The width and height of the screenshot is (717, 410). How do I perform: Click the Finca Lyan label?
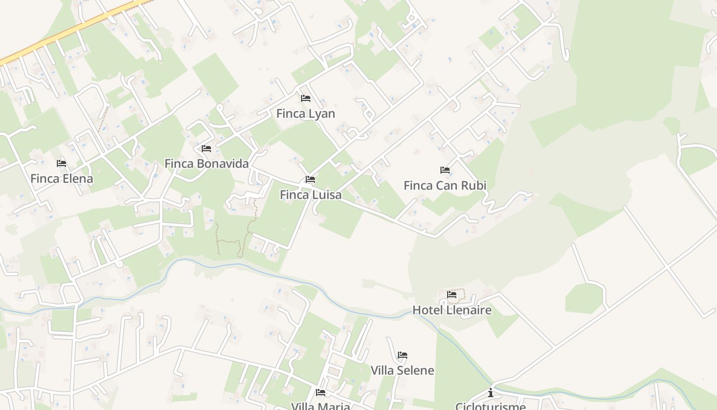(x=305, y=114)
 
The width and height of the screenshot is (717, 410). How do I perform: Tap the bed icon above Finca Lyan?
(x=306, y=98)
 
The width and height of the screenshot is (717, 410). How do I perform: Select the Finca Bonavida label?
(x=206, y=163)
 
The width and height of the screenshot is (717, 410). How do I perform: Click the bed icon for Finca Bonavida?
(x=206, y=148)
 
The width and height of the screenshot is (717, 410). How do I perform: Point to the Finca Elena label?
(x=61, y=179)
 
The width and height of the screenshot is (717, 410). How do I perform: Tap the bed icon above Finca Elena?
(x=61, y=163)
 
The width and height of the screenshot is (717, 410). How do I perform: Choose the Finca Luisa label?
(x=310, y=195)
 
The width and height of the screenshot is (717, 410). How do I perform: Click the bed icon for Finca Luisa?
(x=310, y=179)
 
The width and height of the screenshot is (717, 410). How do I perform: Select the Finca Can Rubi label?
(x=445, y=186)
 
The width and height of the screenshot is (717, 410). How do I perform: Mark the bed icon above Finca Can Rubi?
(x=445, y=170)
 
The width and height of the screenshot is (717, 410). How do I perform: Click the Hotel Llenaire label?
(x=452, y=310)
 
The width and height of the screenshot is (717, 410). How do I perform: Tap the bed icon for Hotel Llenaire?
(x=452, y=294)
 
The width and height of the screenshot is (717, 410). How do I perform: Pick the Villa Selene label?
(x=402, y=370)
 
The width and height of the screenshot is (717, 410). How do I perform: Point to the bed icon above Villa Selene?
(x=403, y=355)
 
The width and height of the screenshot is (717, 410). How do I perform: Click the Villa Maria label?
(x=321, y=406)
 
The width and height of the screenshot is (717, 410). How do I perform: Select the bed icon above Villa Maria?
(x=321, y=393)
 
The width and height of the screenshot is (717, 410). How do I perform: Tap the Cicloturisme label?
(x=490, y=406)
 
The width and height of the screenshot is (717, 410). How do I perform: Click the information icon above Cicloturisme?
(x=491, y=393)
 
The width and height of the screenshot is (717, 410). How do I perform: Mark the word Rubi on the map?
(x=474, y=186)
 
